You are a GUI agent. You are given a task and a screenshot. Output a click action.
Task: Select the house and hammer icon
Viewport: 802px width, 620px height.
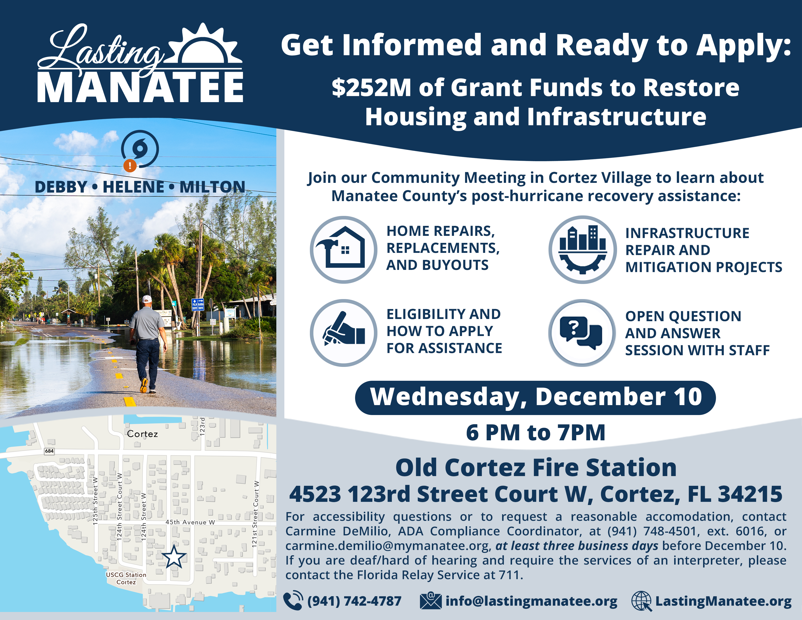(x=343, y=250)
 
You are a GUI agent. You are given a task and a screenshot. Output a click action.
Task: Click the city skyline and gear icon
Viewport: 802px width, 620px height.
(x=582, y=250)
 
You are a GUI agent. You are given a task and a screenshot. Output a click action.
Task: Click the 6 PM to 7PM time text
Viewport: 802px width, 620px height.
(x=535, y=433)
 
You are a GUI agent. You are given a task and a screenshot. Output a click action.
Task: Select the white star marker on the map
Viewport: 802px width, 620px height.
(x=174, y=557)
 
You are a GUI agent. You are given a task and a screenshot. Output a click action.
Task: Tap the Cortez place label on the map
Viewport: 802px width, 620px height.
(x=142, y=434)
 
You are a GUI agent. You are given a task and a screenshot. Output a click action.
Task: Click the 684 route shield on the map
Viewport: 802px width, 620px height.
(x=49, y=451)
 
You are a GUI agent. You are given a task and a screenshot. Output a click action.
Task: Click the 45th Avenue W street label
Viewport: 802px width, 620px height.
(x=190, y=522)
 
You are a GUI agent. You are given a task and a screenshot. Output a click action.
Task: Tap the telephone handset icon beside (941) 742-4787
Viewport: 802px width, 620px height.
(x=293, y=601)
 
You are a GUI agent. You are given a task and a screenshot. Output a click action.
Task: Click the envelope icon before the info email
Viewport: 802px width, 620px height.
(x=430, y=601)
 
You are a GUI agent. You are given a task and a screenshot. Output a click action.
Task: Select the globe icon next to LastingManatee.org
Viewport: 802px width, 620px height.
(x=641, y=601)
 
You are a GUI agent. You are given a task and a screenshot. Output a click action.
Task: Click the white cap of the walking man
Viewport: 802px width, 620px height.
(x=147, y=299)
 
